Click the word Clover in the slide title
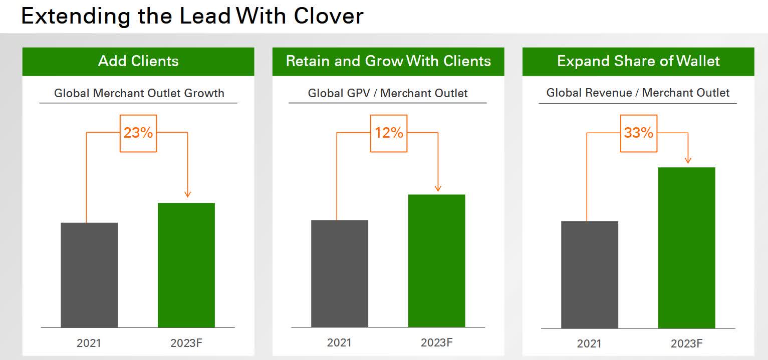[x=328, y=16]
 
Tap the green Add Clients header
[x=138, y=61]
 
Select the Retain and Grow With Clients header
[x=388, y=61]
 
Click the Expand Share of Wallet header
[x=638, y=61]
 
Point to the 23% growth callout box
[x=138, y=133]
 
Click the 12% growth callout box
[x=389, y=133]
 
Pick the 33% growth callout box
[x=639, y=133]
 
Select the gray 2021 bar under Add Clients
[x=89, y=275]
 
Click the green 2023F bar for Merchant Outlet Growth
[x=186, y=265]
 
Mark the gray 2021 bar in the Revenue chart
[x=590, y=274]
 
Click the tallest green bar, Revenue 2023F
[x=687, y=247]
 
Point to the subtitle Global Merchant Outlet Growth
[x=139, y=93]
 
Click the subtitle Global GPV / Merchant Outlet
[x=388, y=93]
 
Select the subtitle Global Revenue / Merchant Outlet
[x=638, y=93]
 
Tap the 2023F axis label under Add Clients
[x=186, y=343]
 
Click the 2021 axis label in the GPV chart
[x=339, y=343]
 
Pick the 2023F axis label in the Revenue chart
[x=687, y=343]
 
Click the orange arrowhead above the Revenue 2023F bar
[x=688, y=160]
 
